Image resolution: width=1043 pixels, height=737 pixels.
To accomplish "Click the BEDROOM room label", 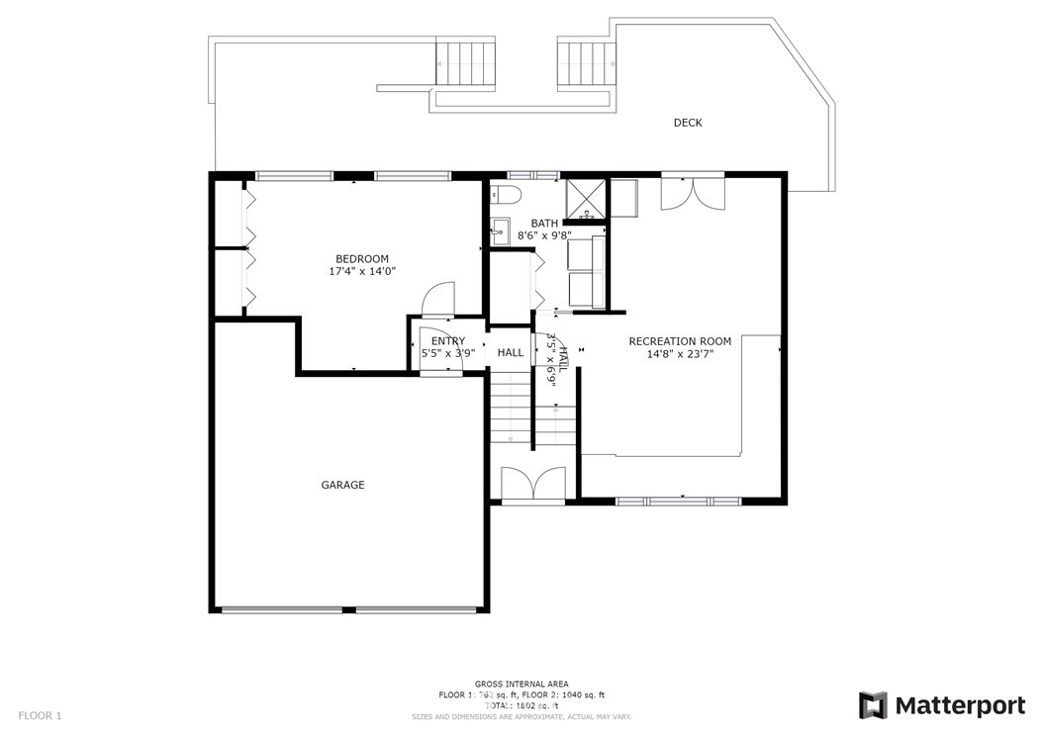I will [x=362, y=259].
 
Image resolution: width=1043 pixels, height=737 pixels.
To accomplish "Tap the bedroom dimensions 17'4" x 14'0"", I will [x=362, y=271].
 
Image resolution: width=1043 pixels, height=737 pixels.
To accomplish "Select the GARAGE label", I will [x=342, y=485].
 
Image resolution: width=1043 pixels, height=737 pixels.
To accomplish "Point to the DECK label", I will [x=688, y=123].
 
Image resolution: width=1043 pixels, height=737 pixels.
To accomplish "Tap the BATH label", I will [x=544, y=224].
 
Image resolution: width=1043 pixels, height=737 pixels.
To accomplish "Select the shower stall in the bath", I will [x=585, y=199].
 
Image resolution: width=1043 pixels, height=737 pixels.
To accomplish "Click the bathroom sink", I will [x=498, y=234].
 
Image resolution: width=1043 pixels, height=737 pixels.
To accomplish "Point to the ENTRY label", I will [x=447, y=341].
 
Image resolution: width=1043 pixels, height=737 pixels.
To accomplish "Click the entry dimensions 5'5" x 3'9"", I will [x=447, y=353].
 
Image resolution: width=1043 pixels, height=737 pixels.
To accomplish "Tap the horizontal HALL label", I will [x=511, y=353].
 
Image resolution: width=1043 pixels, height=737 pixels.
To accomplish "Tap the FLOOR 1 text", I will [x=40, y=714].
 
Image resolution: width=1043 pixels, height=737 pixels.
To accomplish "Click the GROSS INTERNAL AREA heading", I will [x=521, y=684].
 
